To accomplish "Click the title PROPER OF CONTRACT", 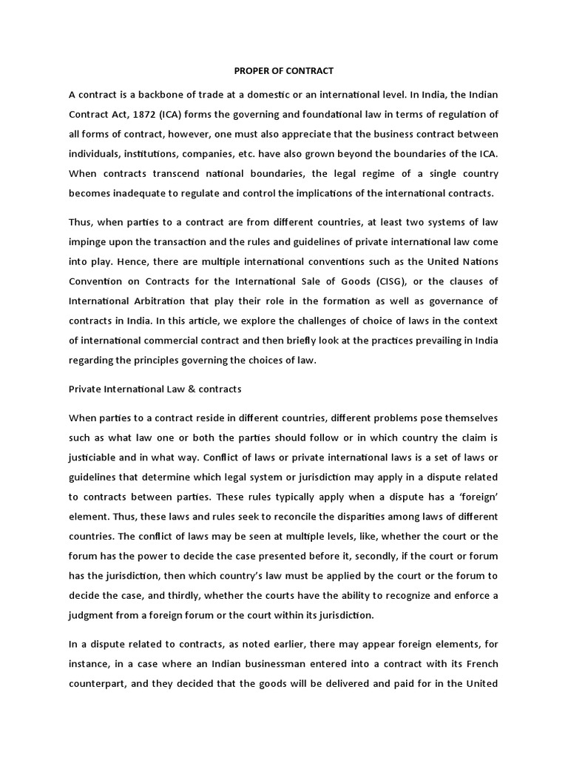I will (284, 71).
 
